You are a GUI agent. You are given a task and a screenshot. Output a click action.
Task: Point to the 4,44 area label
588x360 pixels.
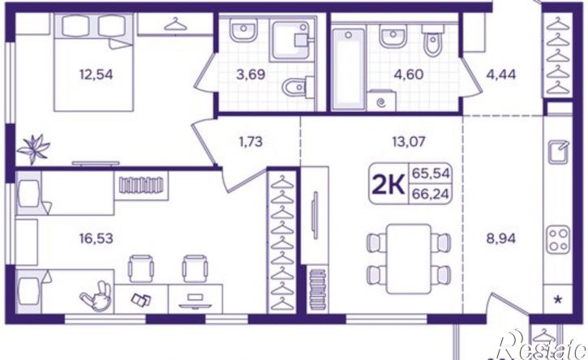click(501, 77)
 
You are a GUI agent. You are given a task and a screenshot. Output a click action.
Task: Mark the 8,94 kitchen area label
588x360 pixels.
click(498, 238)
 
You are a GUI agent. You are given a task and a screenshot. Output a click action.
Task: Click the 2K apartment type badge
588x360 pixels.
click(388, 185)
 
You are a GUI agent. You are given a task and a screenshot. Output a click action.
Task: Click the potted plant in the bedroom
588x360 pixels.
click(35, 147)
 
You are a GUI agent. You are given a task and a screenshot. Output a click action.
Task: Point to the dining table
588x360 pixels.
click(410, 251)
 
